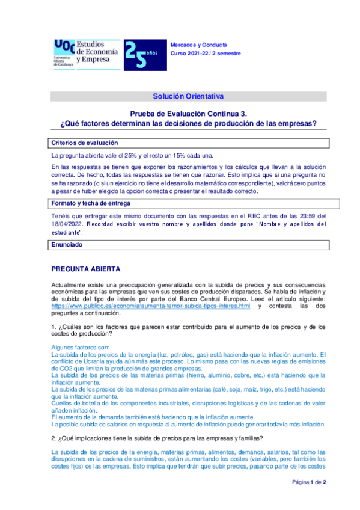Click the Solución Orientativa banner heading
[188, 96]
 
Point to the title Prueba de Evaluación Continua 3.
[188, 114]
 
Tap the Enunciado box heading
[67, 245]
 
